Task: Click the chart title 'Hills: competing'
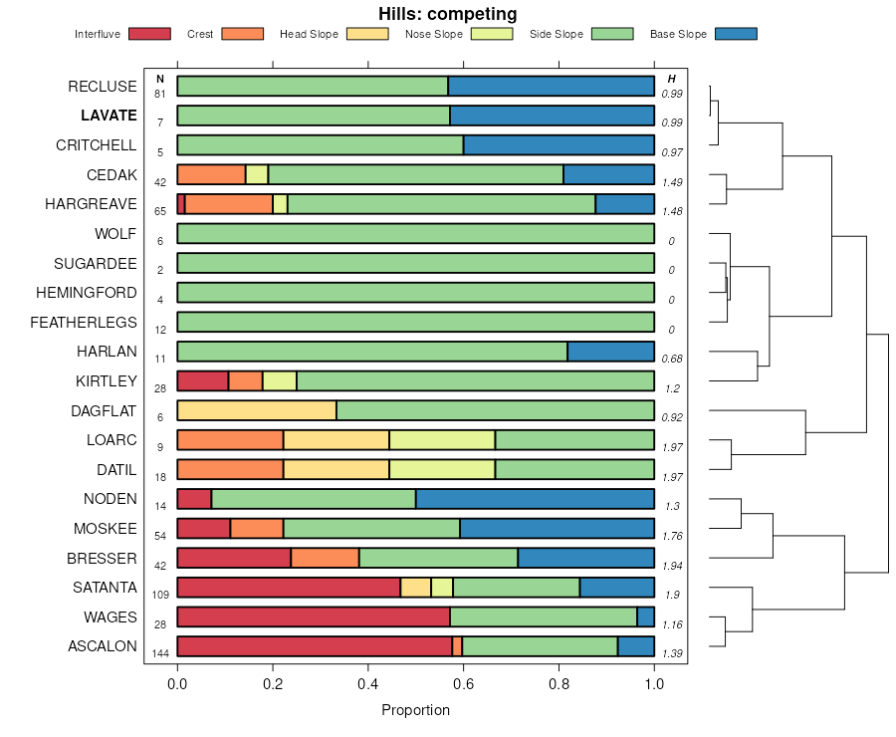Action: coord(447,14)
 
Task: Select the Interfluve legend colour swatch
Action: coord(149,34)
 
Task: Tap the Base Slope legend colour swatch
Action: coord(736,34)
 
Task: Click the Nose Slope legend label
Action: coord(434,34)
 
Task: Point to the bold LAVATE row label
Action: coord(109,116)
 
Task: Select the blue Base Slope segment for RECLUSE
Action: coord(551,86)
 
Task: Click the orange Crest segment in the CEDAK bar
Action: coord(211,174)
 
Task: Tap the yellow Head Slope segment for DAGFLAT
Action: coord(256,410)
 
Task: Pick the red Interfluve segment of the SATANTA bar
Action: coord(289,588)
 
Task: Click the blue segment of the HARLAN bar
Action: coord(610,352)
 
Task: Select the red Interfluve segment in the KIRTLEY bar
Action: coord(202,380)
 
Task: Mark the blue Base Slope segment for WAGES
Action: coord(645,616)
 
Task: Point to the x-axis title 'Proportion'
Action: coord(415,710)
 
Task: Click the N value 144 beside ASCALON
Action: coord(159,653)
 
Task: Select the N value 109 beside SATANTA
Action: coord(159,595)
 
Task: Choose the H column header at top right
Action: coord(671,79)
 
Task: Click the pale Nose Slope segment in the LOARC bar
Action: coord(442,440)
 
